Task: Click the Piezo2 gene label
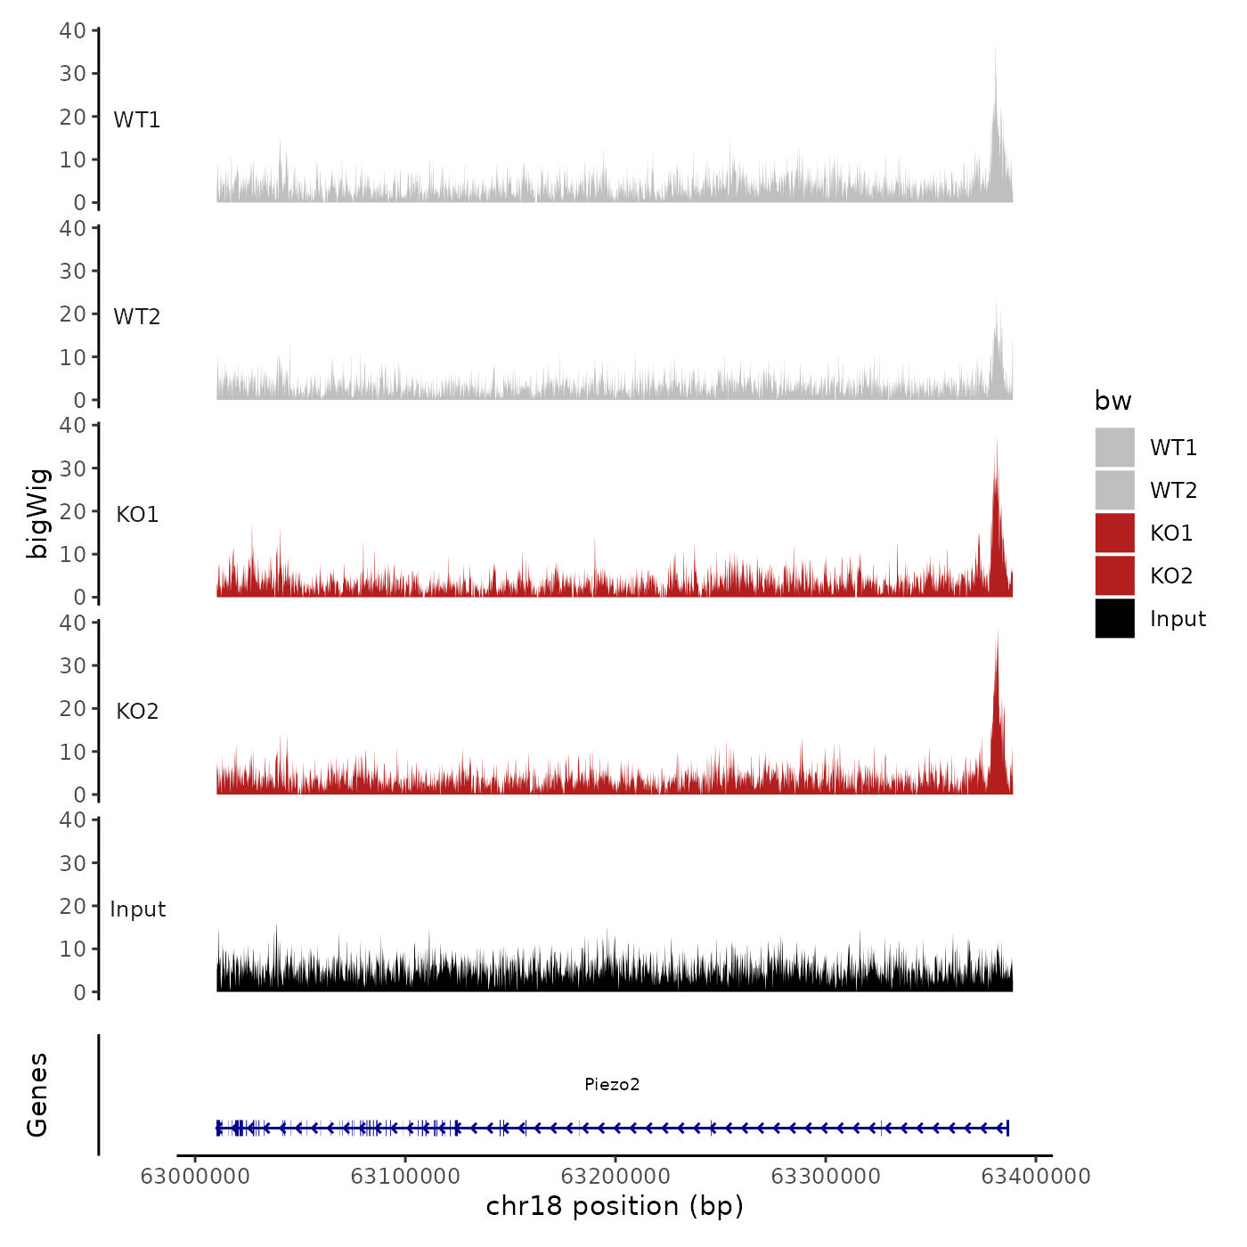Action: coord(612,1084)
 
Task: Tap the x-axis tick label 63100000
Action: coord(405,1177)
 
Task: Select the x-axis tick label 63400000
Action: coord(1035,1177)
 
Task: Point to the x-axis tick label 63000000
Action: coord(195,1177)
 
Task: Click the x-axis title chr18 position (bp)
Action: coord(615,1206)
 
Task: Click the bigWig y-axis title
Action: coord(37,513)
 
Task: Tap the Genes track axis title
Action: coord(37,1095)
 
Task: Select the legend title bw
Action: coord(1113,401)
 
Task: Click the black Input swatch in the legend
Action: coord(1114,618)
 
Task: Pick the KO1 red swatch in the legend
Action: coord(1114,533)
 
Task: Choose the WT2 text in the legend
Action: coord(1173,490)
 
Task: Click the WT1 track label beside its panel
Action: coord(136,119)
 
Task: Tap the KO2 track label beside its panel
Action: coord(137,711)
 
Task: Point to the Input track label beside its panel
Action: coord(137,909)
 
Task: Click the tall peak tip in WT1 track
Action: coord(995,48)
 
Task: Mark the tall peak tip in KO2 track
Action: coord(998,631)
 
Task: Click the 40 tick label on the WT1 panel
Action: coord(72,30)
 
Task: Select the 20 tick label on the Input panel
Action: coord(72,906)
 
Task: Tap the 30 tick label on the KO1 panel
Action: coord(72,468)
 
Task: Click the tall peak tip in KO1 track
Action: coord(997,438)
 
